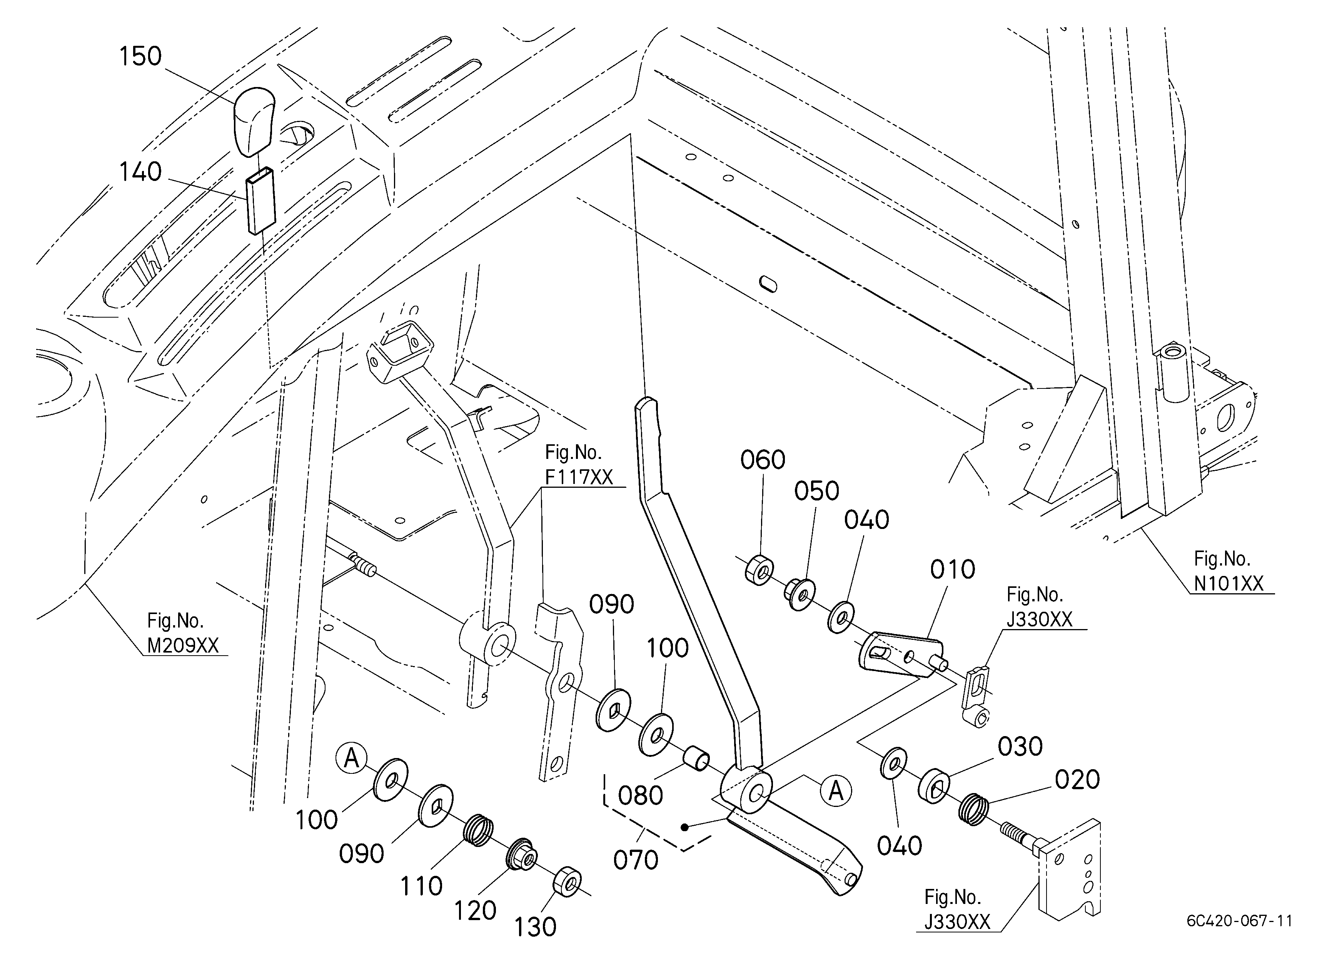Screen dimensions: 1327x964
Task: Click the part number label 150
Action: pos(140,57)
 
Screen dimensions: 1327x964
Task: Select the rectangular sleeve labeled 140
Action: pos(261,201)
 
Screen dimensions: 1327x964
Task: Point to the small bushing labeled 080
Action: pos(697,758)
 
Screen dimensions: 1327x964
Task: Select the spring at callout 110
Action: pos(479,830)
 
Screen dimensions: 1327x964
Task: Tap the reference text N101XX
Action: pos(1229,584)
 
